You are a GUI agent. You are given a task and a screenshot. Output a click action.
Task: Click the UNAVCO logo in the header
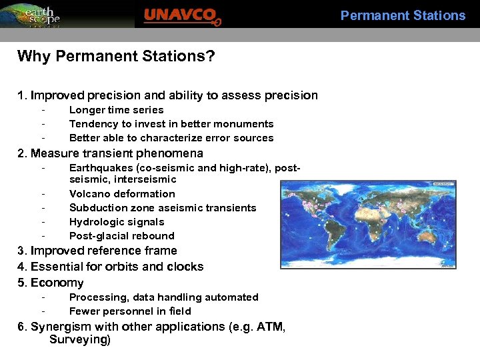pos(182,15)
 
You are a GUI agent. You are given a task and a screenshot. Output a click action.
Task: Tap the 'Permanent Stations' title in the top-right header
pos(403,15)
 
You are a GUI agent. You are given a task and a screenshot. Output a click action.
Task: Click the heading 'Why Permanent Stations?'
pos(116,56)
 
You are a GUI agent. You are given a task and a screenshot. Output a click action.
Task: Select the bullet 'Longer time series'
pos(116,110)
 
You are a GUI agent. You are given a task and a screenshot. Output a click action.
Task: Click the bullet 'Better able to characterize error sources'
pos(171,138)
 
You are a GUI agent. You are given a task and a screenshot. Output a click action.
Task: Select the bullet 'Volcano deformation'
pos(122,194)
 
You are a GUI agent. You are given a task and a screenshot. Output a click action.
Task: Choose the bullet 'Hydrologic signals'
pos(117,222)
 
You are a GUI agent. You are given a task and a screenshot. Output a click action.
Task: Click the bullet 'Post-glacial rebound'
pos(121,236)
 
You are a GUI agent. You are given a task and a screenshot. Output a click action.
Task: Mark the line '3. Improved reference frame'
pos(97,251)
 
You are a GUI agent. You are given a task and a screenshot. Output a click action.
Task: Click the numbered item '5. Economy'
pos(51,283)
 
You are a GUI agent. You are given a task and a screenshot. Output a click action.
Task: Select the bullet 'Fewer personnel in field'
pos(130,311)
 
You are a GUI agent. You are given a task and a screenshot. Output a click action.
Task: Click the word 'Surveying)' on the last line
pos(80,340)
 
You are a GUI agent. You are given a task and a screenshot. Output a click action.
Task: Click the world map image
pos(368,224)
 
